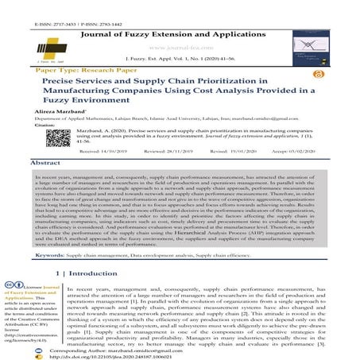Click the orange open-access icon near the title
click(319, 72)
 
